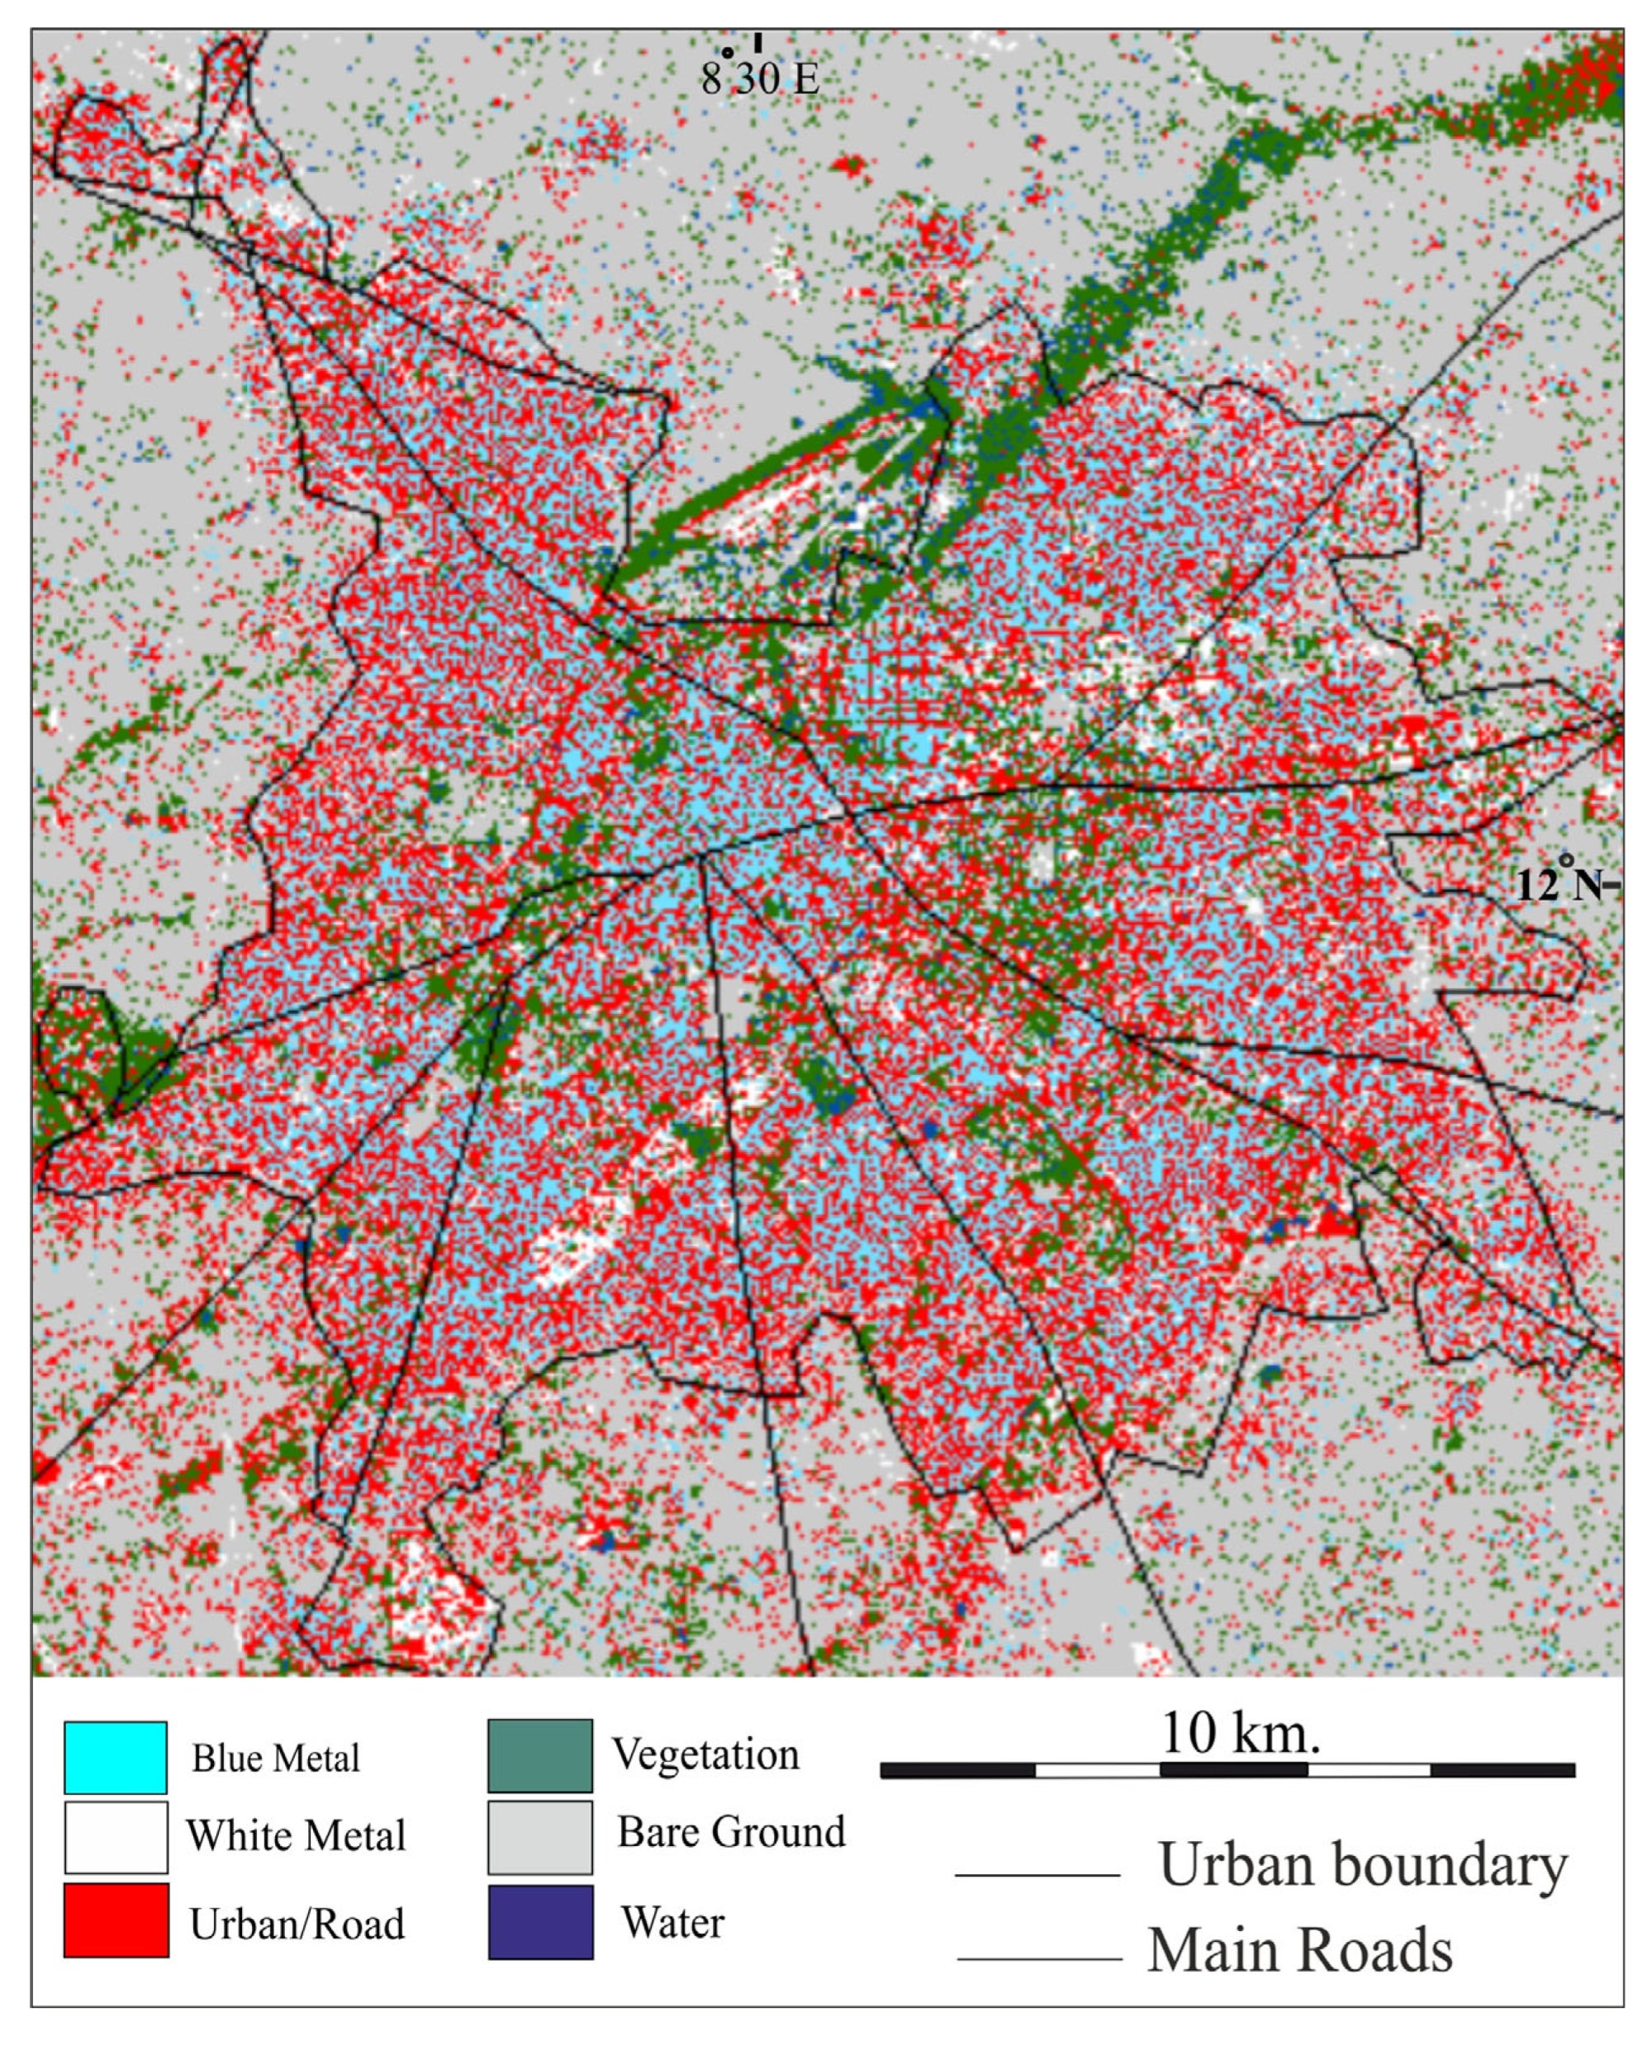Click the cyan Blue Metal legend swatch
[x=116, y=1758]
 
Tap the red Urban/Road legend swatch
[x=116, y=1920]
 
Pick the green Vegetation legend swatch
[x=540, y=1756]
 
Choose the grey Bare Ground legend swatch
[x=540, y=1837]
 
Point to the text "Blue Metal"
[x=275, y=1758]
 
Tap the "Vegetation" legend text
[x=705, y=1753]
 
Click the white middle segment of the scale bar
[x=1097, y=1770]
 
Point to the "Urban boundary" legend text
[x=1361, y=1865]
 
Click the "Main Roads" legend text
[x=1300, y=1951]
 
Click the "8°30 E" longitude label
[x=759, y=78]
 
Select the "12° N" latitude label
[x=1560, y=884]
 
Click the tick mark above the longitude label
[x=757, y=42]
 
